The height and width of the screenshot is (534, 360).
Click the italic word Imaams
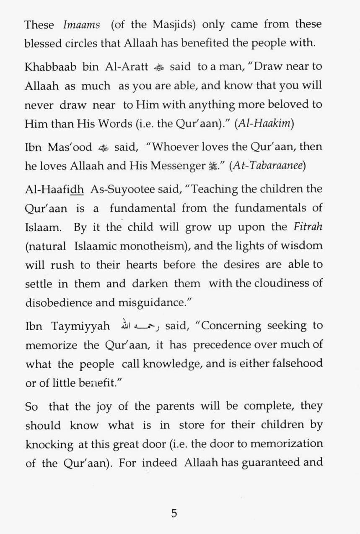(x=81, y=25)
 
